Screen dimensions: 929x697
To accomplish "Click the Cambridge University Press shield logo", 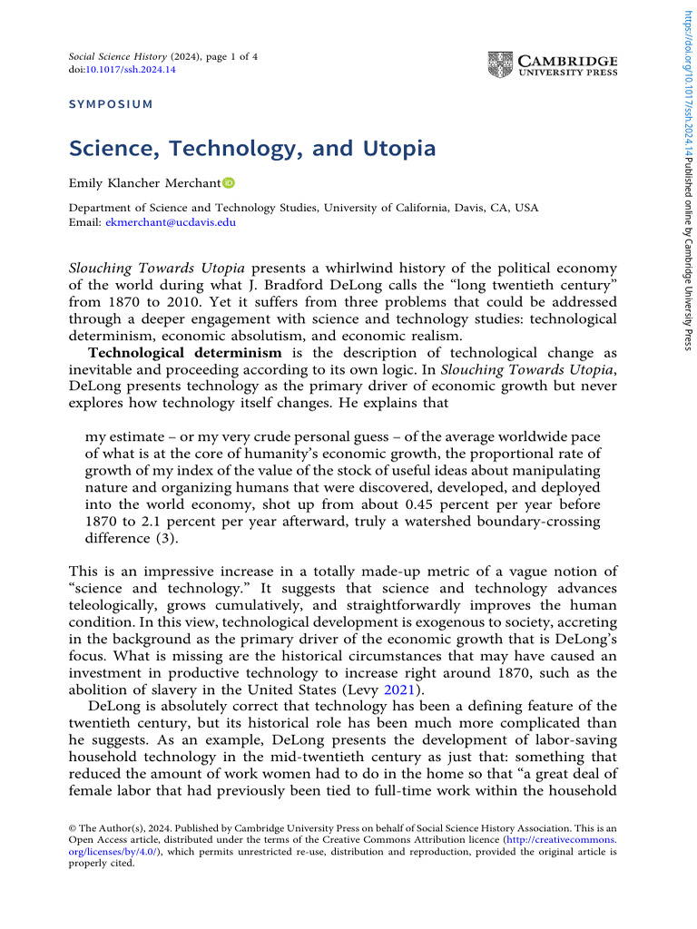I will (x=500, y=64).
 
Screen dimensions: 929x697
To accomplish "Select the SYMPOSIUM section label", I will (x=111, y=104).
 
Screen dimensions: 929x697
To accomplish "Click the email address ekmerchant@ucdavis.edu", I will (x=171, y=221).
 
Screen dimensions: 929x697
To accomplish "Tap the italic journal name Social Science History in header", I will (x=118, y=56).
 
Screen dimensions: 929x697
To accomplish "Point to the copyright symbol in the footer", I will (x=74, y=828).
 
